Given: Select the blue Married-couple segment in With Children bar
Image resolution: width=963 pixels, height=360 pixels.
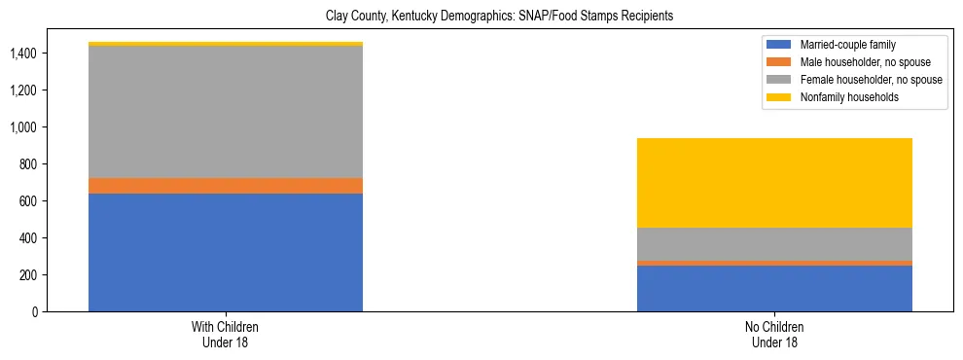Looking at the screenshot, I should point(226,252).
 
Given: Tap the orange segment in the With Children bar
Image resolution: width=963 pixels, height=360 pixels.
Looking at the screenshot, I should point(226,186).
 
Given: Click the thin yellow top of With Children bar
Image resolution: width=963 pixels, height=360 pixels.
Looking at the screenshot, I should point(226,44).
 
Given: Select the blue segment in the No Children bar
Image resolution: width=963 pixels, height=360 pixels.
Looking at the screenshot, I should point(774,288).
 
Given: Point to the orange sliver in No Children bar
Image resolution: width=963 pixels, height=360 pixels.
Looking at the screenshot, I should point(774,263).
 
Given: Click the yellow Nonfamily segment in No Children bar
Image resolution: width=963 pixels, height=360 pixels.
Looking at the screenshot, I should point(774,183).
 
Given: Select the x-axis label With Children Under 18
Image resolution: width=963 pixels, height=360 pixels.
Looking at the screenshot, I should point(226,335).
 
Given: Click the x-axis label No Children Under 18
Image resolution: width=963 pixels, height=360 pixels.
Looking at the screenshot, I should point(774,335).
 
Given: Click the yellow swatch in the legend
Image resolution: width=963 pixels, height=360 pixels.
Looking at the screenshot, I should point(779,97).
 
